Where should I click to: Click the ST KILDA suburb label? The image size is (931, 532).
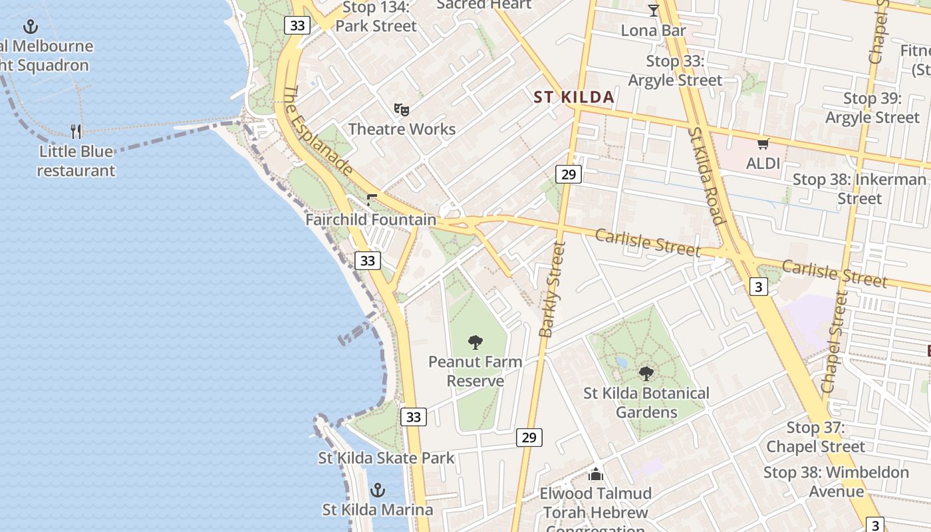(574, 97)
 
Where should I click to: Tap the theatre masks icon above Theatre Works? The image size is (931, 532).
(401, 109)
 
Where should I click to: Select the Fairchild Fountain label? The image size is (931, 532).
(371, 219)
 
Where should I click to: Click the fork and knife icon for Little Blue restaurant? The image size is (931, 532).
(76, 131)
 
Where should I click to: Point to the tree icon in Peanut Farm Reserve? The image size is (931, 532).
(475, 342)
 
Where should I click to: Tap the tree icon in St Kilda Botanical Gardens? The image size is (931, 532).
(646, 373)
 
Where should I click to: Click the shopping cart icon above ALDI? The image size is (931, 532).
(763, 144)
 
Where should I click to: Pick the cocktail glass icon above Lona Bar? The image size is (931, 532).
(653, 11)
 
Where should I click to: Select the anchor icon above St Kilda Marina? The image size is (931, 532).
(378, 490)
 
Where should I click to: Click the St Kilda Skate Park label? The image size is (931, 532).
(386, 458)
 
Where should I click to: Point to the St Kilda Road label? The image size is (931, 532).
(706, 176)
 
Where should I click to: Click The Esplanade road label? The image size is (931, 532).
(317, 130)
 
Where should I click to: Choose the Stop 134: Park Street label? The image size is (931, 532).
(376, 17)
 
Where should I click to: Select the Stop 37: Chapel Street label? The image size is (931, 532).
(815, 437)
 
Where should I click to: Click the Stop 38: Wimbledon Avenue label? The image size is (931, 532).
(836, 482)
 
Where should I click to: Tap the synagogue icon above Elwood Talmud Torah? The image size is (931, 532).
(595, 474)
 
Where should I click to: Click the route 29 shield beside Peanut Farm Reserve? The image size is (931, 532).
(529, 438)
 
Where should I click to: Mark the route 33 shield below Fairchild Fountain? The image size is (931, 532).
(368, 261)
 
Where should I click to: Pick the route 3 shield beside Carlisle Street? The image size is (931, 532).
(757, 287)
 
